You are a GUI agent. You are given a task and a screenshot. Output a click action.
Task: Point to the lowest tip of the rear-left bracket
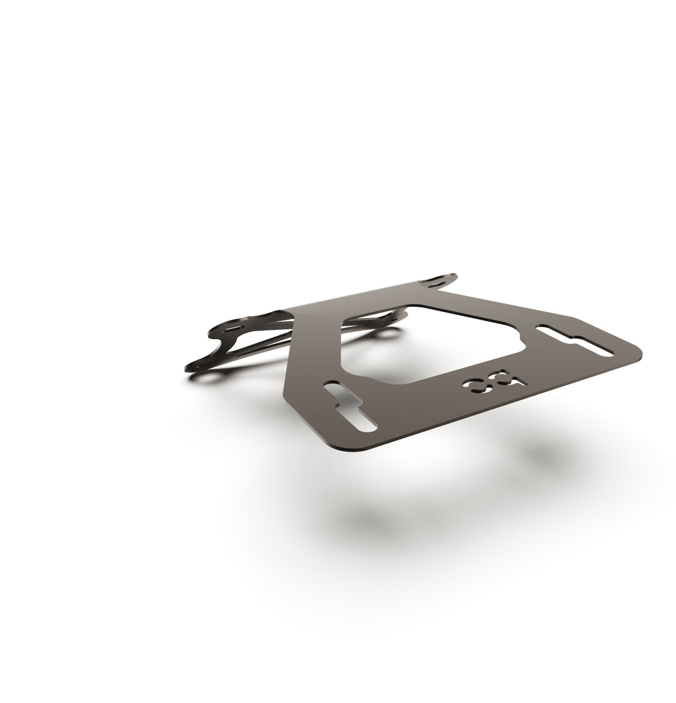[x=190, y=368]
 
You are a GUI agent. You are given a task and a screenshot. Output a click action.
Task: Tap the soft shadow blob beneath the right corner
[x=551, y=454]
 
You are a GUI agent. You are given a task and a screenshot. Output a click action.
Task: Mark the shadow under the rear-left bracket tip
[x=207, y=379]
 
